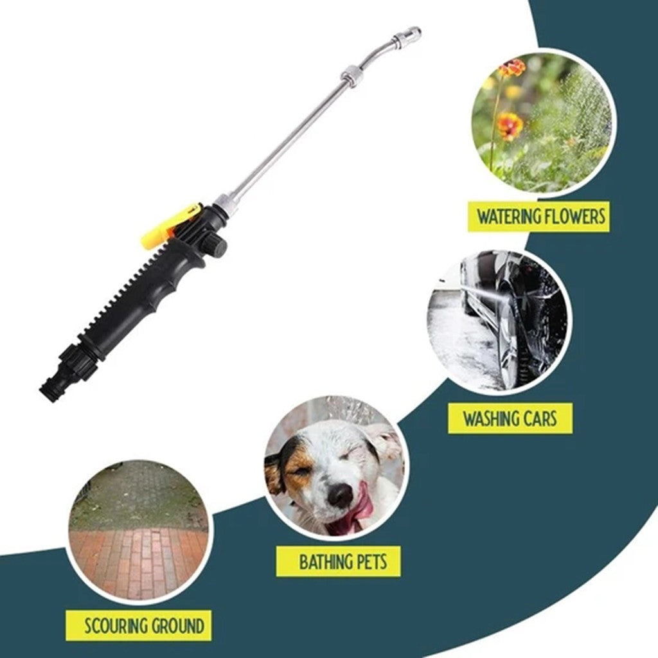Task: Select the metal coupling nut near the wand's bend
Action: [352, 75]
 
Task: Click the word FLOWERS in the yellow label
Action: [576, 217]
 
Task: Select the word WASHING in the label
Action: [492, 419]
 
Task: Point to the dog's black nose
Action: [341, 495]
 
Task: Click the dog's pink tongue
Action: [360, 511]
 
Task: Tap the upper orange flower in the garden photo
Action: [512, 68]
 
